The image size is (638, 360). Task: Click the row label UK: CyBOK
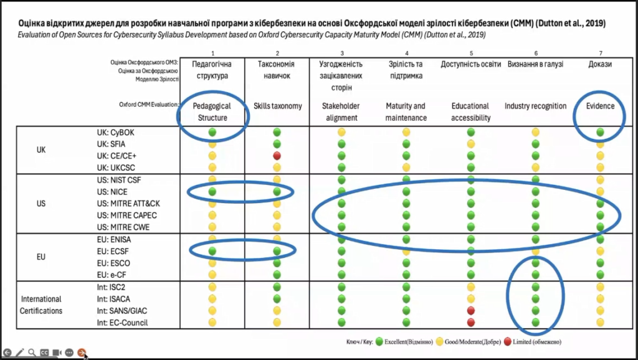[x=114, y=132]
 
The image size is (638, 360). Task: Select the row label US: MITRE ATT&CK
[x=127, y=204]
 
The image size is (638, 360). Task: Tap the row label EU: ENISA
[x=114, y=239]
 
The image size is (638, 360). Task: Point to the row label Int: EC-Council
[x=123, y=322]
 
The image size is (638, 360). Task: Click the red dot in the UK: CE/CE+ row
[x=277, y=156]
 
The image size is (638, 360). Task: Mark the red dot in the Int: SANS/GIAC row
[x=471, y=310]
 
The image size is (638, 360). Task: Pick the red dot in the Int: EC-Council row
[x=471, y=322]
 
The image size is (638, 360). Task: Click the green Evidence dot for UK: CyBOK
[x=600, y=132]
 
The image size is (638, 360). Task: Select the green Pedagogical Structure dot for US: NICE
[x=212, y=192]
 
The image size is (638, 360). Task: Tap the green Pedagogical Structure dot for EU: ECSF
[x=212, y=251]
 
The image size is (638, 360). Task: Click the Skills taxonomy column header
[x=277, y=106]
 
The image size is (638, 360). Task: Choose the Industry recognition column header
[x=535, y=106]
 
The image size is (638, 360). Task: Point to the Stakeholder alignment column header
[x=341, y=111]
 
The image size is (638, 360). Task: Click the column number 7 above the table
[x=600, y=54]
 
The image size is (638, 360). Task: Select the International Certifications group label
[x=41, y=305]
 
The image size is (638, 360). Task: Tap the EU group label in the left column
[x=41, y=257]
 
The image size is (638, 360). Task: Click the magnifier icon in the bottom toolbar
[x=32, y=352]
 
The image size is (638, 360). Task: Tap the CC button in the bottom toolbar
[x=44, y=352]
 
